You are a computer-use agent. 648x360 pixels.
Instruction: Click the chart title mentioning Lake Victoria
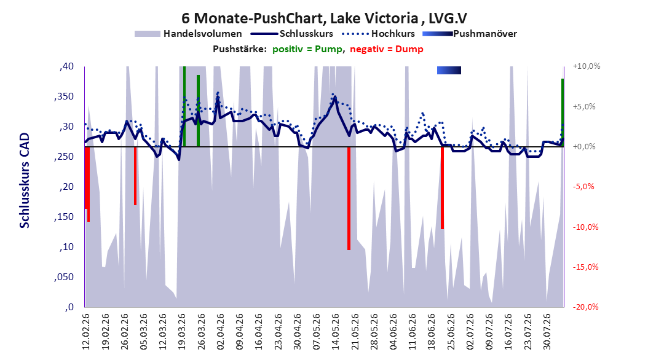point(324,18)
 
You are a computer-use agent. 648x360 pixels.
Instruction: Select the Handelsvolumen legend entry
point(189,34)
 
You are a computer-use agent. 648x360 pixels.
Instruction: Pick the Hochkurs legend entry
point(379,34)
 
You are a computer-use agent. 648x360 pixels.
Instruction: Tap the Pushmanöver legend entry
point(470,34)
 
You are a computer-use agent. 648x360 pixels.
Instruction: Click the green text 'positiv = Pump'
point(307,49)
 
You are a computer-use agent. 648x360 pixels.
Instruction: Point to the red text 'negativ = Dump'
point(387,49)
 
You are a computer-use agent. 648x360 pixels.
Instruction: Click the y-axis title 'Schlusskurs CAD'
point(25,181)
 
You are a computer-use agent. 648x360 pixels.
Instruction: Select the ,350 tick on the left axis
point(64,96)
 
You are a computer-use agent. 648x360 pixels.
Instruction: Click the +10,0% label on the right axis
point(587,66)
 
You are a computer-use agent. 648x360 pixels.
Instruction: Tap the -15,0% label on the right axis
point(585,267)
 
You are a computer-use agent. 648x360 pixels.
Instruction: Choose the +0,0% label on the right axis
point(584,147)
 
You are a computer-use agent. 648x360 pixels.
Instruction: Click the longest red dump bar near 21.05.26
point(349,198)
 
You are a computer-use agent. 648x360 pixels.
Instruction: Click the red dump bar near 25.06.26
point(442,188)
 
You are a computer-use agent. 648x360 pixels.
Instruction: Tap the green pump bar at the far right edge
point(563,112)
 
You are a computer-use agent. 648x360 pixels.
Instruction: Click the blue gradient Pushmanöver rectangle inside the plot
point(449,70)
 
